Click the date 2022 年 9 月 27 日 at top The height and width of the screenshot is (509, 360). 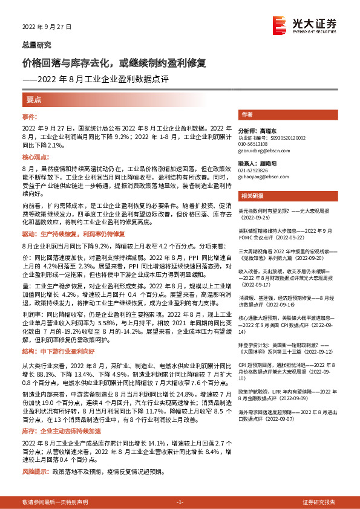pos(47,27)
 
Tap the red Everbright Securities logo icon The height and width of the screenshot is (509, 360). pos(280,25)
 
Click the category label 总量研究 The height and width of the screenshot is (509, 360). pos(36,45)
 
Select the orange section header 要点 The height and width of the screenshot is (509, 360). pos(34,100)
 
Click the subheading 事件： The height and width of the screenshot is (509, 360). pos(30,117)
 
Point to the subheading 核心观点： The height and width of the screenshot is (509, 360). pos(36,156)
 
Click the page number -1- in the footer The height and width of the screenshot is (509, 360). pos(180,502)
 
